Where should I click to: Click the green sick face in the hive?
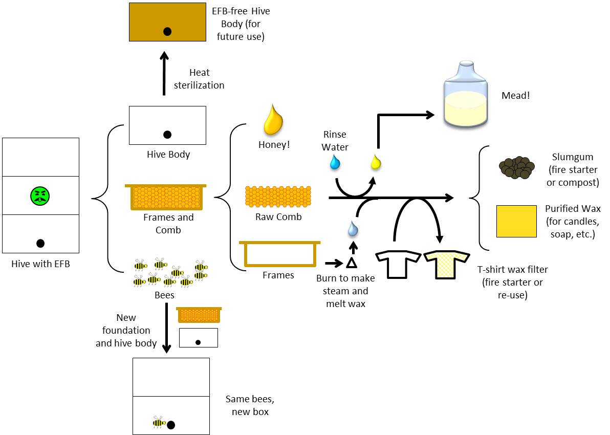(40, 195)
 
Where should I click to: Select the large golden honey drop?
(273, 119)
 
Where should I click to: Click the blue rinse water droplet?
(335, 163)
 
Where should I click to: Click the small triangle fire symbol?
(351, 263)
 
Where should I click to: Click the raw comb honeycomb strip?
(278, 196)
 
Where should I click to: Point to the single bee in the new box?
(159, 422)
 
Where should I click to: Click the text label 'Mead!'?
(516, 95)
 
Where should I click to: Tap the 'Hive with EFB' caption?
(40, 264)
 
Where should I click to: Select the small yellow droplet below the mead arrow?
(376, 162)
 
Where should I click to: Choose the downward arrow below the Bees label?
(166, 328)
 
